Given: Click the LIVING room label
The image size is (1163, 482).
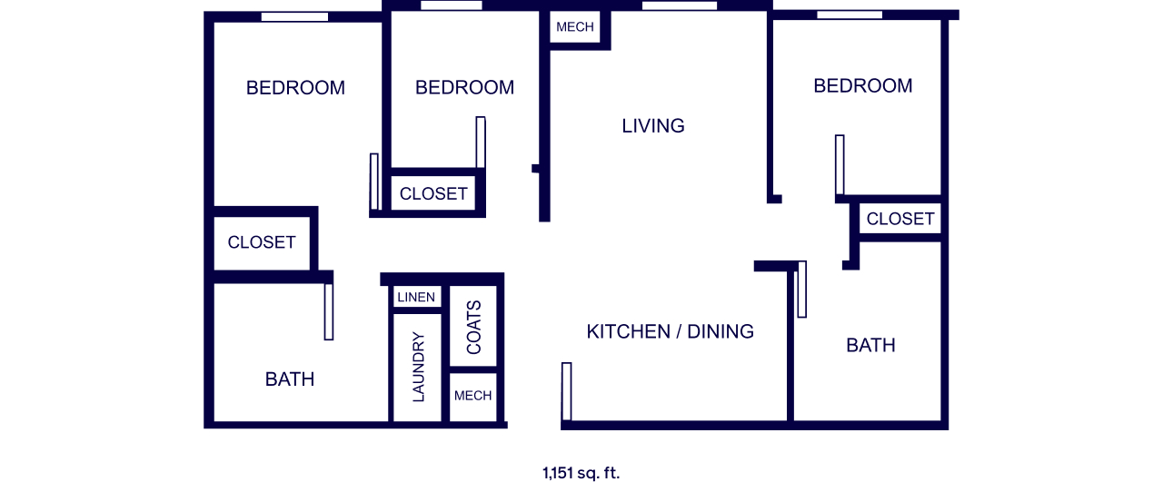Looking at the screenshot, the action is coord(653,125).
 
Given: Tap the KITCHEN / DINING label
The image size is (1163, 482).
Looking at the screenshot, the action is coord(670,331).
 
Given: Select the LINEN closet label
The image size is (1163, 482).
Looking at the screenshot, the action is coord(416,298).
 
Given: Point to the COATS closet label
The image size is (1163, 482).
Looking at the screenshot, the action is coord(473,328).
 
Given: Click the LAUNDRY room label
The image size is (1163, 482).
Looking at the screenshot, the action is coord(418,367).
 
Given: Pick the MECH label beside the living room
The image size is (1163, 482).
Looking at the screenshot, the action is coord(575,27).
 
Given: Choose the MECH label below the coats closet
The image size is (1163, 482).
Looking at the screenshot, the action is coord(472,396).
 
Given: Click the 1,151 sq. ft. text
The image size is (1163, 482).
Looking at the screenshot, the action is coord(581,473).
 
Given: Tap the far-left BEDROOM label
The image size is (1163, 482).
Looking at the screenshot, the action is coord(295,88).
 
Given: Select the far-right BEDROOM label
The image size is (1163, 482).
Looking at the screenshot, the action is coord(863,85).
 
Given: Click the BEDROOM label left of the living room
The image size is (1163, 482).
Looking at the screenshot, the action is coord(464,87).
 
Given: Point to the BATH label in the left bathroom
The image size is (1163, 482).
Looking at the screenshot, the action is coord(290,379).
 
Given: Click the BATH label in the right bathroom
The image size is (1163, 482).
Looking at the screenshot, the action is coord(870,345).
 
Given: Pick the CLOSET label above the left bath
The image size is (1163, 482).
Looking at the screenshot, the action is coord(262,242).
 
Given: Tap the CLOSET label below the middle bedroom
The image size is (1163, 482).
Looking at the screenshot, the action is coord(433,194).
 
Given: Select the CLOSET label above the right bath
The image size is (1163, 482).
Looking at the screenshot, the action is coord(900,219).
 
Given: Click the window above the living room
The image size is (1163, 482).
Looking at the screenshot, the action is coord(679,5).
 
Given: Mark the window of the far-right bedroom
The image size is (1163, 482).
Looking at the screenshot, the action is coord(850,15).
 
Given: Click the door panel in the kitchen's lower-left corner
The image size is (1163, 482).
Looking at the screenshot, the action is coord(566,391).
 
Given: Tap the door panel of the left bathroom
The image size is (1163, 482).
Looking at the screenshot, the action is coord(329,312).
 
